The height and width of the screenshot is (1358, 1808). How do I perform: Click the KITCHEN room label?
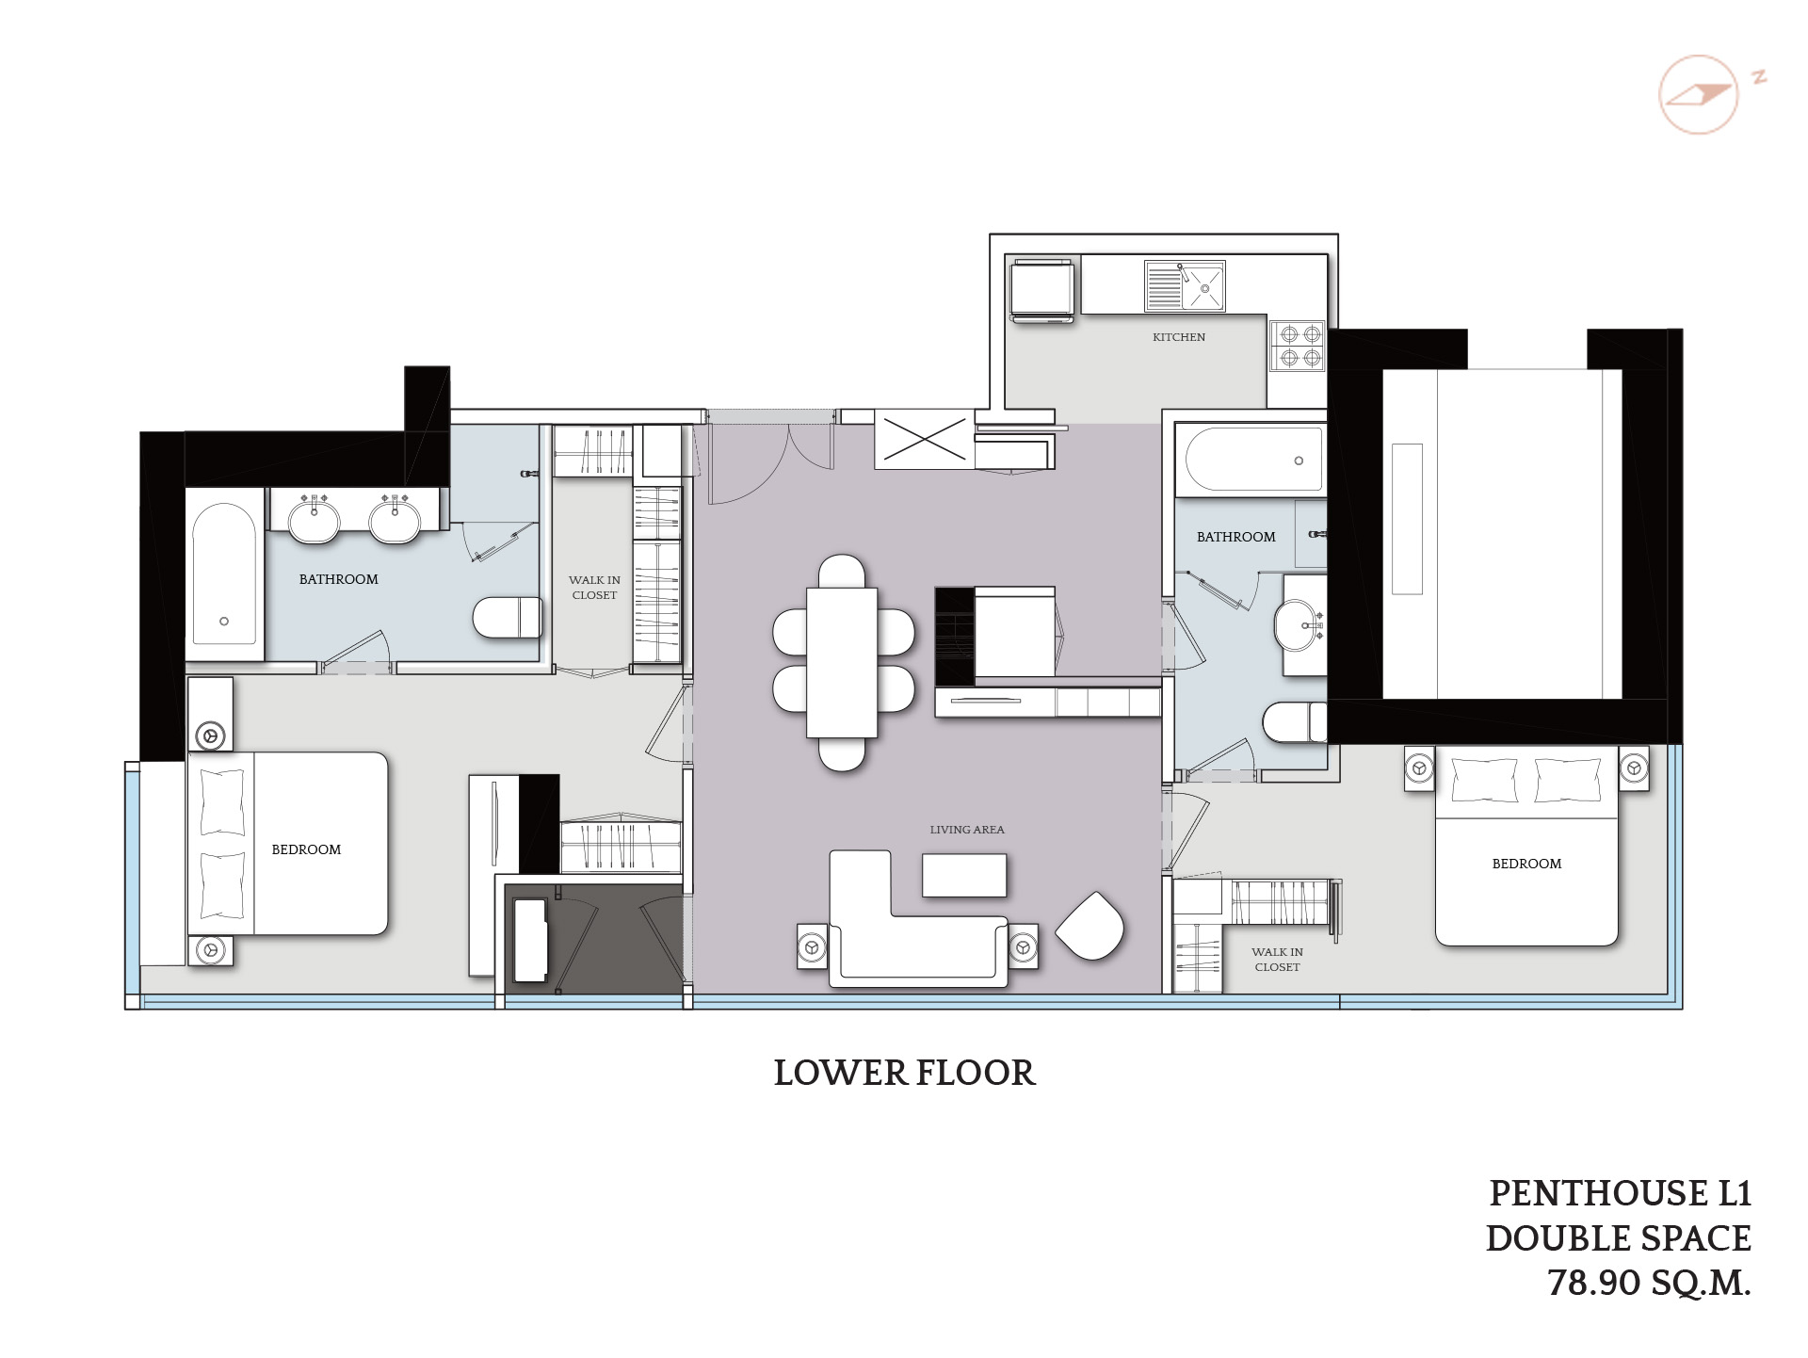coord(1178,337)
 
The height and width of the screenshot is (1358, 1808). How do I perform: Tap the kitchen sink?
coord(1185,286)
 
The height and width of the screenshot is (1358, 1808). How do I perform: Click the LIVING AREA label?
coord(966,830)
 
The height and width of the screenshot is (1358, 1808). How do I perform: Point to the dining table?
coord(842,662)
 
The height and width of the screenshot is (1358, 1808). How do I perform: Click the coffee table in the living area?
coord(964,875)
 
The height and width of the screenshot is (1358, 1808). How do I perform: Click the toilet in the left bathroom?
coord(507,618)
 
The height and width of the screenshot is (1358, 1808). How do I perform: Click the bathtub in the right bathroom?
coord(1252,461)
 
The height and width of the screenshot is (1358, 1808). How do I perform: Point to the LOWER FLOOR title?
coord(904,1073)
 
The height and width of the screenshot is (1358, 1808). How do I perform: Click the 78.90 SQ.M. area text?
coord(1649,1284)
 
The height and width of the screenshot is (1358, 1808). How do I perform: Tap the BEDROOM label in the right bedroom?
coord(1526,864)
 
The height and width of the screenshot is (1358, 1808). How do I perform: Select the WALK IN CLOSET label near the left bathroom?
coord(594,588)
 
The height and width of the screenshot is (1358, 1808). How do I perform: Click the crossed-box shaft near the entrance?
coord(922,439)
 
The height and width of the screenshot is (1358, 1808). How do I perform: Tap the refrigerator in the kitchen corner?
coord(1041,292)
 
